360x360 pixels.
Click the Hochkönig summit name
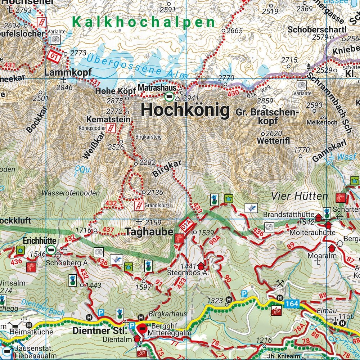(x=185, y=110)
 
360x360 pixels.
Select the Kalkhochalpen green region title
(x=143, y=22)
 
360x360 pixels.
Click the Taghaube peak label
(x=149, y=232)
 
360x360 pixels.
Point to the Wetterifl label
(x=274, y=141)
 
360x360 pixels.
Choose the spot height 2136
(x=155, y=192)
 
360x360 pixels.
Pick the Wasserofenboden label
(x=71, y=193)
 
